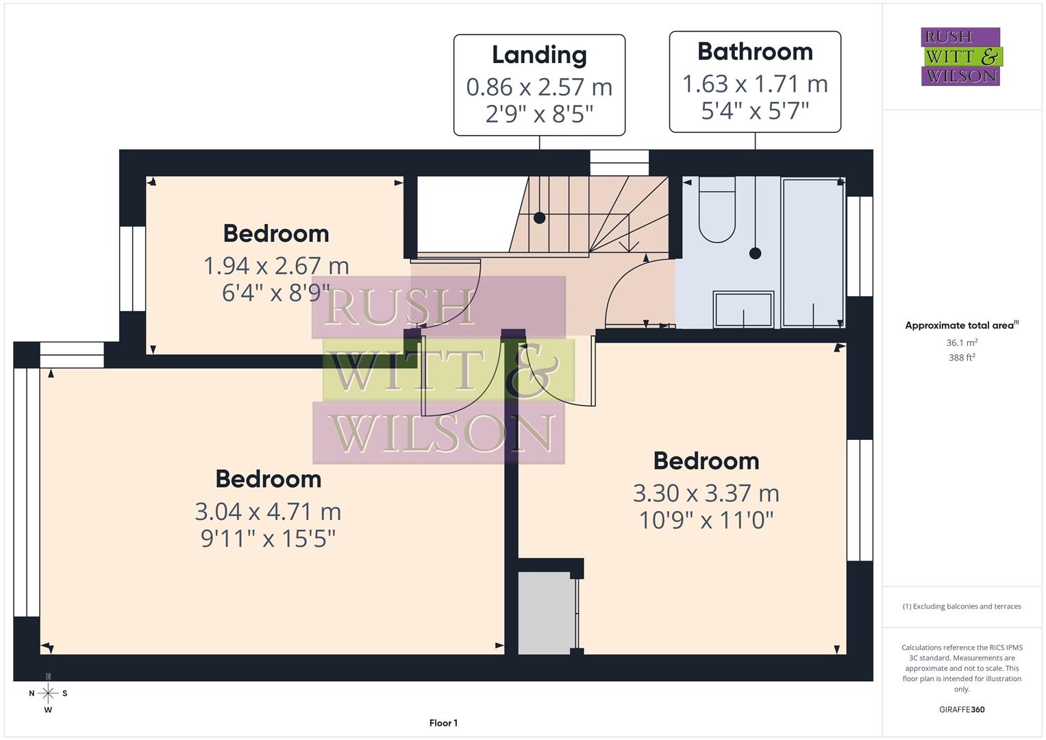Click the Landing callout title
[539, 55]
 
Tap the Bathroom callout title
[755, 51]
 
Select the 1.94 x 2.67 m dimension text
[276, 265]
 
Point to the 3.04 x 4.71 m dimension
[268, 511]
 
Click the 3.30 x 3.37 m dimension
[706, 493]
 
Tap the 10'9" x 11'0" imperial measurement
[706, 520]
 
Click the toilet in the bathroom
[717, 210]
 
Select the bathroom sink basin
[743, 310]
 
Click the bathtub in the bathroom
[812, 251]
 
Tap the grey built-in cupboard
[545, 613]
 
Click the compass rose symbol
[48, 693]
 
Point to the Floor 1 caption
[443, 723]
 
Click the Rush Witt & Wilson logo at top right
[960, 56]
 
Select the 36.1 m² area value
[961, 343]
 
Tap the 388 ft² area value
[961, 358]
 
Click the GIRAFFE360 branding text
[961, 709]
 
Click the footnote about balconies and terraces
[961, 606]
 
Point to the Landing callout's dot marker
[539, 218]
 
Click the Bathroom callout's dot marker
[755, 253]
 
